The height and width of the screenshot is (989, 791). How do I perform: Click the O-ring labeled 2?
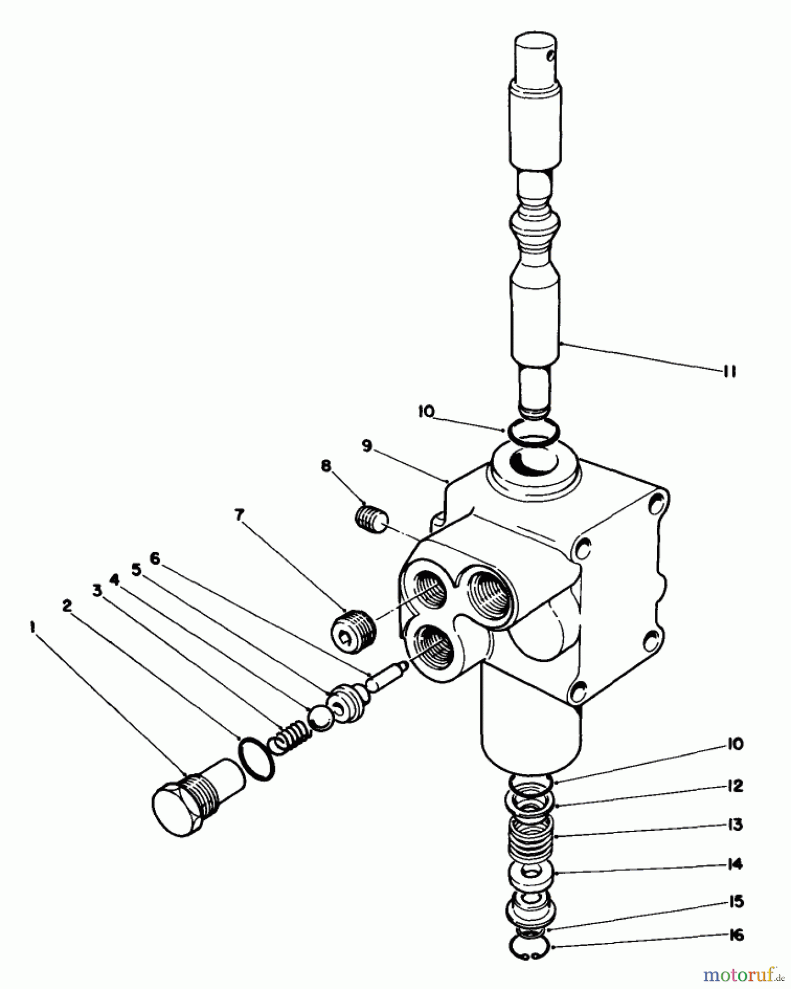pyautogui.click(x=256, y=759)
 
